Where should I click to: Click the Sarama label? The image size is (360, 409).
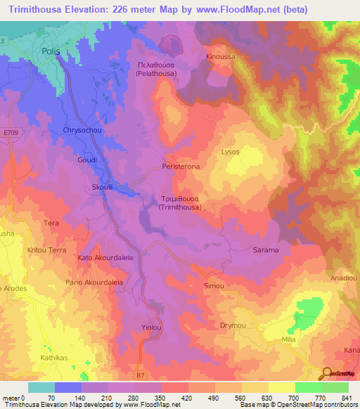[266, 250]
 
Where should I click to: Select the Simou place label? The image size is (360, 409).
[213, 286]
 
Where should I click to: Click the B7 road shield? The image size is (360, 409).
[143, 376]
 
